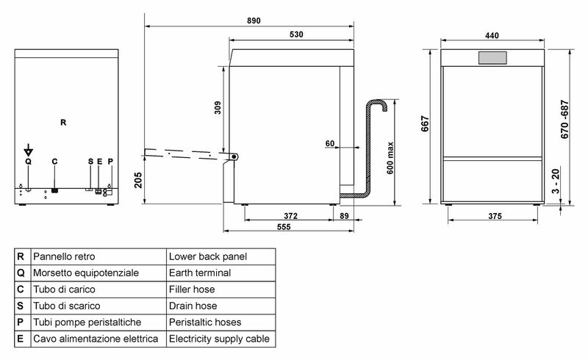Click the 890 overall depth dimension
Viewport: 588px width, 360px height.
(254, 21)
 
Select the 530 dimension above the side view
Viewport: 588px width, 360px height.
(296, 35)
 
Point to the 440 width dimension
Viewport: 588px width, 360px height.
(492, 35)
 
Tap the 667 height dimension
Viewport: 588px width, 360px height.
(425, 123)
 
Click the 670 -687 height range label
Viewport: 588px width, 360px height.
(564, 119)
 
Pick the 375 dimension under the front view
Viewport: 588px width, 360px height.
(495, 216)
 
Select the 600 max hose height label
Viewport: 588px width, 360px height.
(390, 158)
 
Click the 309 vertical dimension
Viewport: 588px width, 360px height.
(218, 107)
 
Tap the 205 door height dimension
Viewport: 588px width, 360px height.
(138, 180)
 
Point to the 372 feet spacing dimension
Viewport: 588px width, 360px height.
(290, 216)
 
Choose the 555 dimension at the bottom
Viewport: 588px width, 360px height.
(284, 227)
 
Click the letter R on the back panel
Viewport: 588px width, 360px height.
(63, 122)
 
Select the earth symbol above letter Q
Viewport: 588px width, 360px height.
(28, 151)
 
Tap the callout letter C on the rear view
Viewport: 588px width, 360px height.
(54, 162)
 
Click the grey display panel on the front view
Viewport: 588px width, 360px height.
(492, 58)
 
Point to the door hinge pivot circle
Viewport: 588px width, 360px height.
(234, 156)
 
